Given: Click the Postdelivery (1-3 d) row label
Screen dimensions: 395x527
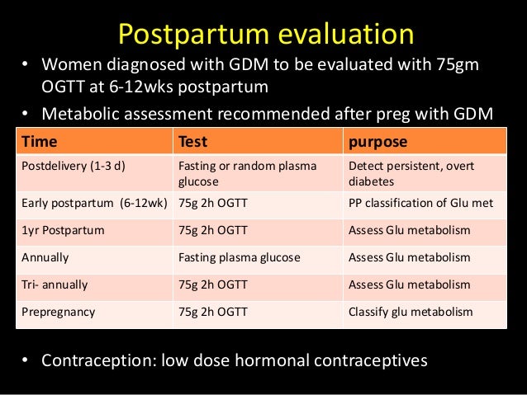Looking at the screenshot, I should pos(72,166).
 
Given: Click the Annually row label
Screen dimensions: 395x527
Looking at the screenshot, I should pos(45,257).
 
